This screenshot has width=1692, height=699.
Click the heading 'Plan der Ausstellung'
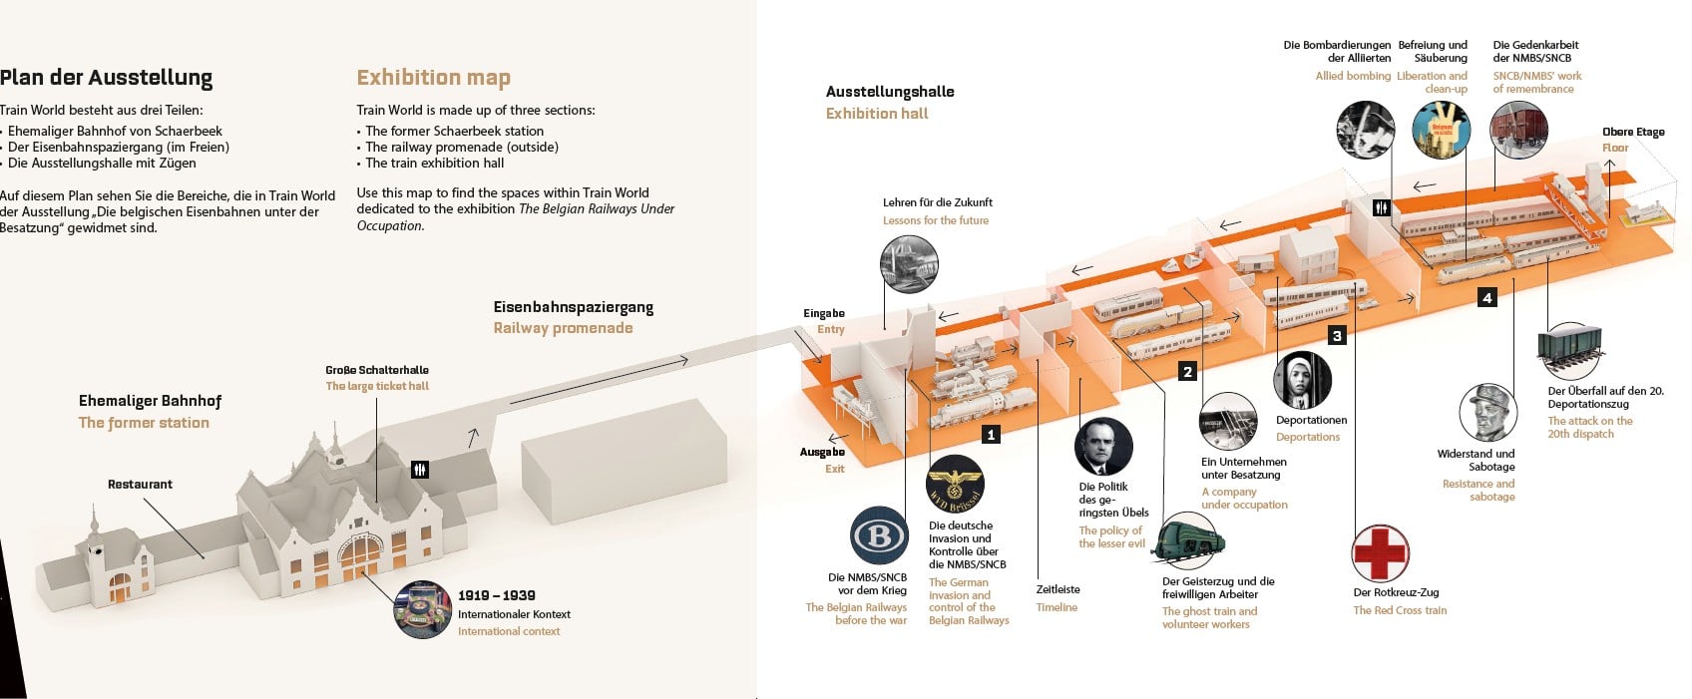click(x=107, y=78)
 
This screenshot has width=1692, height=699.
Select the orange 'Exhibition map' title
click(x=433, y=78)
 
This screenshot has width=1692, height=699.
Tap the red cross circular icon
click(x=1380, y=552)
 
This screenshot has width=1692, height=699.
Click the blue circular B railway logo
click(x=879, y=535)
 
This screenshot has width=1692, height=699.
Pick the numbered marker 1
click(x=991, y=435)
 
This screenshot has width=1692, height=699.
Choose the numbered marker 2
click(x=1187, y=372)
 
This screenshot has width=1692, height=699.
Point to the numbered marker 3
click(x=1337, y=336)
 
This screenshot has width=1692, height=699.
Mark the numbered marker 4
click(x=1487, y=297)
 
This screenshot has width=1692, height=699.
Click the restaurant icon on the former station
click(x=420, y=469)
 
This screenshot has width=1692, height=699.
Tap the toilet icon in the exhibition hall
click(x=1381, y=207)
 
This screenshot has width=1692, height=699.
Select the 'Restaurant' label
click(x=140, y=485)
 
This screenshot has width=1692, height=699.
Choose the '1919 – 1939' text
click(x=497, y=595)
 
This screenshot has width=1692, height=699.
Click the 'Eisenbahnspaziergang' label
click(x=574, y=307)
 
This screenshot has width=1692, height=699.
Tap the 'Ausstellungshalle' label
click(x=890, y=92)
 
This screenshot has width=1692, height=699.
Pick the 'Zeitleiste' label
click(x=1057, y=589)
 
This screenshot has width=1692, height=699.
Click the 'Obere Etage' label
click(x=1633, y=132)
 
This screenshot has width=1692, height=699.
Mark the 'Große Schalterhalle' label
click(x=377, y=370)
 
